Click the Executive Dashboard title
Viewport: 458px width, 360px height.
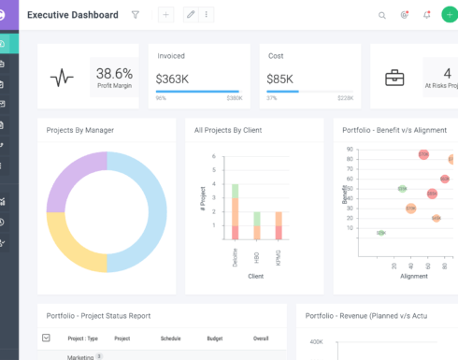pos(72,15)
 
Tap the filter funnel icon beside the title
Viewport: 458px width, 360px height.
pos(136,15)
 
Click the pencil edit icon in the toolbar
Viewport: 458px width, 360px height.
pos(192,15)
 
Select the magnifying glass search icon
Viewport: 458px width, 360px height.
pos(381,15)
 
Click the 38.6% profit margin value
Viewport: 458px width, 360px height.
pos(114,73)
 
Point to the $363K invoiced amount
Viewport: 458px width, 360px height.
pos(173,79)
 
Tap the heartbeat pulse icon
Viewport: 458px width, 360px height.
pos(62,79)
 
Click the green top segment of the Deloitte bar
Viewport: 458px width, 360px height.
pos(236,191)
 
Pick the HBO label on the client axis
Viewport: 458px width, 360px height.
pos(257,257)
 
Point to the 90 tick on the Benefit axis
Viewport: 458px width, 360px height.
pos(350,149)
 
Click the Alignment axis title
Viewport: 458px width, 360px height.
pos(413,276)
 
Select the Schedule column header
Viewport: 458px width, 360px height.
pos(170,338)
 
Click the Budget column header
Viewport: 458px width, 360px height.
pos(215,338)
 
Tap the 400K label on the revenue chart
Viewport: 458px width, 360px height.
pos(316,342)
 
